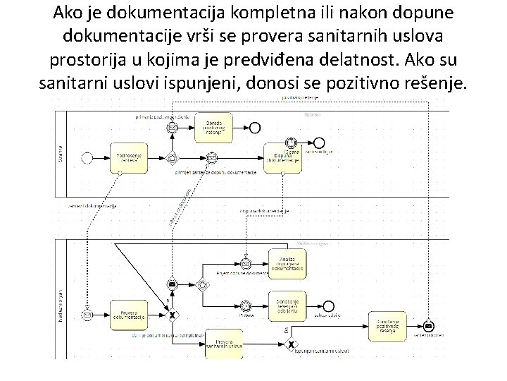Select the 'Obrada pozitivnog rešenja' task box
(x=213, y=127)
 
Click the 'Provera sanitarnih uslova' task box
(x=230, y=344)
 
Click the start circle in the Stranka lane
(x=87, y=157)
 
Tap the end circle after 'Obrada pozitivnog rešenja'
(x=255, y=127)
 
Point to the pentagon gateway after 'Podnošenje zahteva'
(x=171, y=157)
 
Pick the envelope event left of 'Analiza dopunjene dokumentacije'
(x=245, y=264)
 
